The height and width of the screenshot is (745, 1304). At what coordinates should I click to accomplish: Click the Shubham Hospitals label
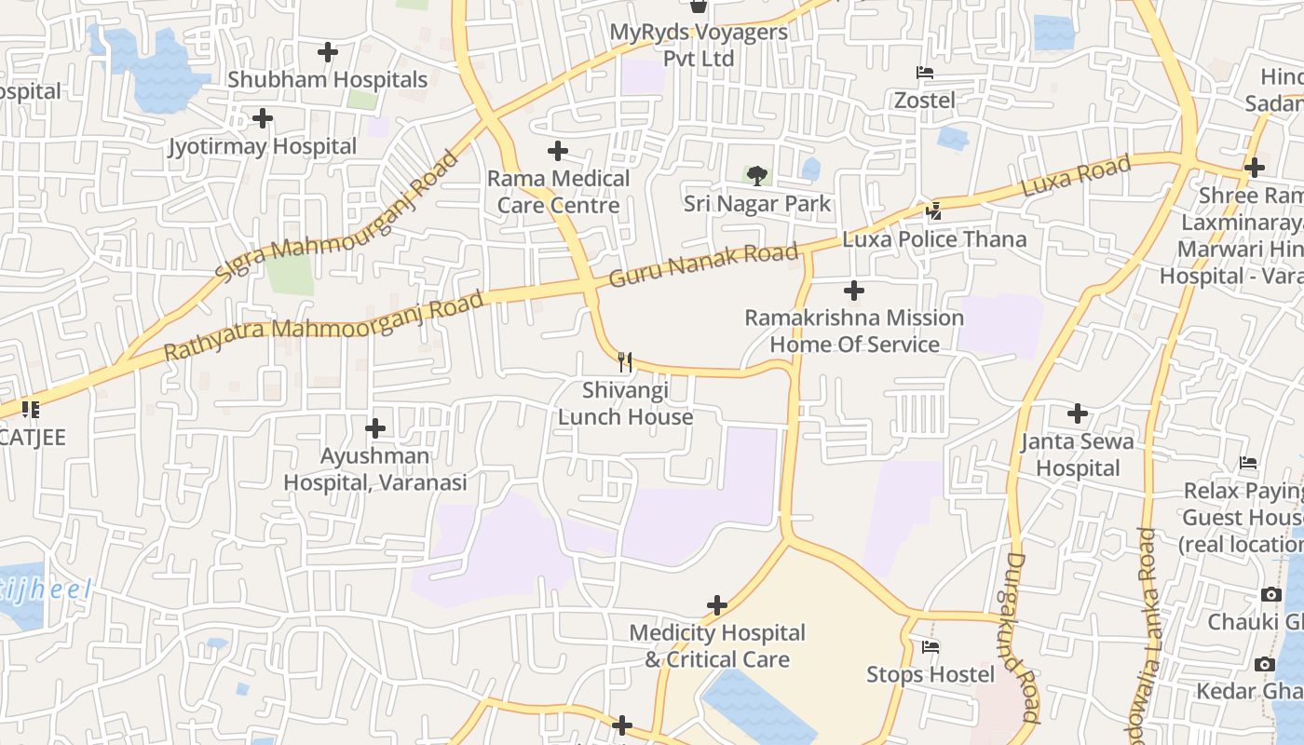(327, 80)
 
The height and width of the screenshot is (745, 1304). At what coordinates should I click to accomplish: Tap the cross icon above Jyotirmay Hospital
(263, 118)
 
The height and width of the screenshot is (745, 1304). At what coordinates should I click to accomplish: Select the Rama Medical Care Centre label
(559, 191)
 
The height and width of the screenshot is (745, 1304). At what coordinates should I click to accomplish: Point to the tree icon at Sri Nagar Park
(757, 175)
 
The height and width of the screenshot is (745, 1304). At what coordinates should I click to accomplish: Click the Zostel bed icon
(925, 73)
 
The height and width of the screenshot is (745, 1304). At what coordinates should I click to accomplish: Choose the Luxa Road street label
(1076, 176)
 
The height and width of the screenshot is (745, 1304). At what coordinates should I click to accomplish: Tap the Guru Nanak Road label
(703, 264)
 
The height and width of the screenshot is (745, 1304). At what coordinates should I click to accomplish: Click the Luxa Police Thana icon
(934, 211)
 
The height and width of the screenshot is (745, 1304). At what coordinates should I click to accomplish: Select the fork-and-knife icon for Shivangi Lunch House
(625, 361)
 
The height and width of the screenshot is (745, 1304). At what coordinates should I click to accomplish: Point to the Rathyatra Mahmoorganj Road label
(324, 326)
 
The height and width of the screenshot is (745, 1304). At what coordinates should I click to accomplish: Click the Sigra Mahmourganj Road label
(337, 217)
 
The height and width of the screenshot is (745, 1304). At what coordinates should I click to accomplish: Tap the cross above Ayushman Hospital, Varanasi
(375, 428)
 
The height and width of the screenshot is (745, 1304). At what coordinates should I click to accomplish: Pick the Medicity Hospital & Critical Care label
(717, 645)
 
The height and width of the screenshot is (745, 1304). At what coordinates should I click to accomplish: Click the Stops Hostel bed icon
(930, 646)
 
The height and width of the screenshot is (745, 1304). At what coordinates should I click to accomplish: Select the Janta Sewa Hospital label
(1078, 454)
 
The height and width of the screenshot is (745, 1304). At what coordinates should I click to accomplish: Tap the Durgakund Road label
(1023, 638)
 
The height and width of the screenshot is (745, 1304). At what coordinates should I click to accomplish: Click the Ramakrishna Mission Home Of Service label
(854, 331)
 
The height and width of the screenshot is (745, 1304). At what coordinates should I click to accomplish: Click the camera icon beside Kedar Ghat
(1264, 664)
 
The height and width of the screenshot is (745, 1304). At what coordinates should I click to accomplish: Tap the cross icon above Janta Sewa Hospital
(1078, 413)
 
